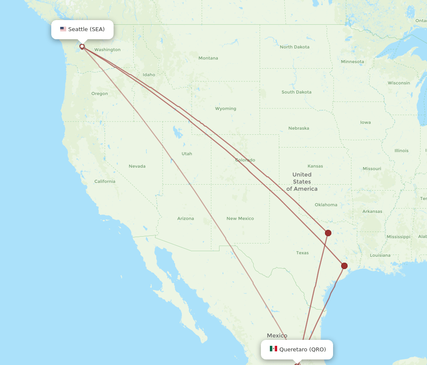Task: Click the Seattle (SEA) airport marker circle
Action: pos(82,46)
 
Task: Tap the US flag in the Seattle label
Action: pos(63,29)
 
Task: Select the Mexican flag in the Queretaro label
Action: pos(273,349)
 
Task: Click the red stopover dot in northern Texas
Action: pos(328,233)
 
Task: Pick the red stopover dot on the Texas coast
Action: pos(344,266)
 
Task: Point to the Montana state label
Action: pos(208,58)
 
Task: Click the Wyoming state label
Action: pos(225,108)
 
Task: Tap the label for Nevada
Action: pos(137,166)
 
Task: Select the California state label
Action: pos(105,181)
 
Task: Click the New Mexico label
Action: pos(240,218)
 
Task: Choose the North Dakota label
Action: pos(295,47)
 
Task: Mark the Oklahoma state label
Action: pos(326,205)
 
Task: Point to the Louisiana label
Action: pos(380,255)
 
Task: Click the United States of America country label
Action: pos(302,182)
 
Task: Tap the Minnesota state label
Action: pos(352,61)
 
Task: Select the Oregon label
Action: pos(99,93)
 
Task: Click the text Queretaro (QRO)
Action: pos(302,349)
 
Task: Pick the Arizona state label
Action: pos(186,218)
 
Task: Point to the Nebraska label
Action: pos(298,128)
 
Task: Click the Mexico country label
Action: pos(277,336)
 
